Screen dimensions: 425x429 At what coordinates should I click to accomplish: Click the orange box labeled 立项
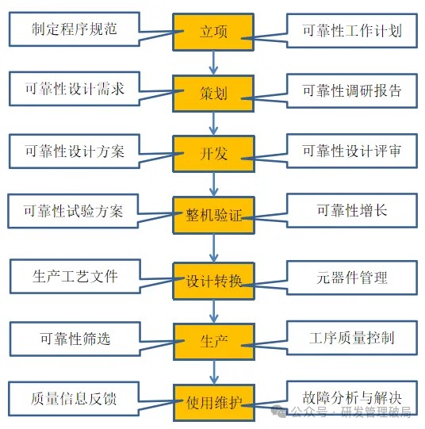pos(213,32)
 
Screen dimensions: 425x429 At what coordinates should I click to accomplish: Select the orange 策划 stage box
pos(213,94)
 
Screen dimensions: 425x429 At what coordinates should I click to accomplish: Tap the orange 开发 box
pos(213,154)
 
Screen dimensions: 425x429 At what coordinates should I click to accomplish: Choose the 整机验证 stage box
pos(213,215)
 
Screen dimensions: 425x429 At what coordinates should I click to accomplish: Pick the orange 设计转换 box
pos(213,281)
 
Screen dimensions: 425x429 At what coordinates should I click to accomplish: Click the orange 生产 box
pos(214,342)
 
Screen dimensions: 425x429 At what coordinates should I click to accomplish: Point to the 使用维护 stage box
pos(214,403)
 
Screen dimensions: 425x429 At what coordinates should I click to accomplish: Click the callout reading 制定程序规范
pos(75,29)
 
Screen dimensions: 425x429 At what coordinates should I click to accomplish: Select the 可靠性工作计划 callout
pos(352,31)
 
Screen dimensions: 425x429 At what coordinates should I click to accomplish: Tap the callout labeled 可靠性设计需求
pos(75,89)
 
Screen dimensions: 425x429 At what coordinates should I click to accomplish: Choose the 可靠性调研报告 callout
pos(352,90)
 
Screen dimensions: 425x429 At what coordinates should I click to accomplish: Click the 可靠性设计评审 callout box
pos(352,151)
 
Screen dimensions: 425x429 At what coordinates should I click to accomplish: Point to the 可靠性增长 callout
pos(352,210)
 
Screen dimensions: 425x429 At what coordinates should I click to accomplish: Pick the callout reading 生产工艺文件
pos(75,276)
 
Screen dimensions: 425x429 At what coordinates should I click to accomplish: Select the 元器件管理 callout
pos(352,278)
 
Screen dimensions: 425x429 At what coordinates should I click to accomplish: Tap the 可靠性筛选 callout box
pos(75,339)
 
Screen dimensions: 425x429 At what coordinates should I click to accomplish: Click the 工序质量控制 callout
pos(352,338)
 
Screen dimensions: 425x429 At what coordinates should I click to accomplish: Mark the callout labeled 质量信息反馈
pos(74,399)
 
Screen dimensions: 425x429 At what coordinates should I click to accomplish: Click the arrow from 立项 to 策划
pos(213,63)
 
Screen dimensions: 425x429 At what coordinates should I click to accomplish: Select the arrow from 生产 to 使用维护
pos(214,372)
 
